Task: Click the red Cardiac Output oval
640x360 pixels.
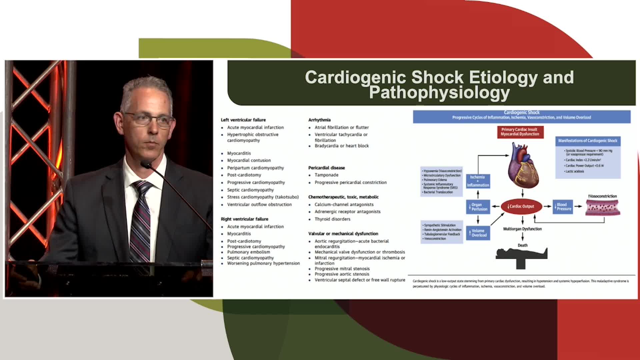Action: pos(521,206)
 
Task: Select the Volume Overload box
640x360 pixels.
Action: pos(478,233)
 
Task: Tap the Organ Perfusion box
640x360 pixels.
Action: pos(478,207)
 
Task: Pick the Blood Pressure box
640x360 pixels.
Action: pos(563,207)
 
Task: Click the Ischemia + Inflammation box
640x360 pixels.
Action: pos(478,181)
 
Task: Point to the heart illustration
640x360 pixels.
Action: pos(522,165)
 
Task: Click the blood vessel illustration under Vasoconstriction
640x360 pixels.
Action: pos(603,207)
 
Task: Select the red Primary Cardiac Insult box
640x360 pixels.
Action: pos(520,132)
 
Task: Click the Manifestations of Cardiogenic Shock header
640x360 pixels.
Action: pos(588,141)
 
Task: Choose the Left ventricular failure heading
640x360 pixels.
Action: pos(243,120)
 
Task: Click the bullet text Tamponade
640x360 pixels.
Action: pos(326,175)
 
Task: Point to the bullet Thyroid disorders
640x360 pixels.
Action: pos(332,219)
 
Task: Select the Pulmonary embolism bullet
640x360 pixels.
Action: pos(249,252)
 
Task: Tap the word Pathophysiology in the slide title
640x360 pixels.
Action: pos(439,92)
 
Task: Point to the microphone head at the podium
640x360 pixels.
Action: pos(146,164)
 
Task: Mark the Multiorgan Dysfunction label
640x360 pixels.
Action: pos(522,229)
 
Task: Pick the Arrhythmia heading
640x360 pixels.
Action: pos(319,120)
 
